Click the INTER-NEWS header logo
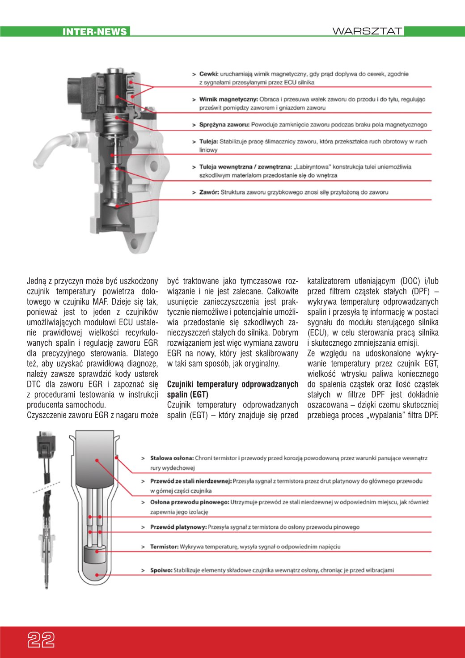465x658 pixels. tap(95, 32)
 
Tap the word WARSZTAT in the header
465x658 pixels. tap(367, 31)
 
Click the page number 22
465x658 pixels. tap(41, 640)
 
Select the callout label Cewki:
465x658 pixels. tap(209, 74)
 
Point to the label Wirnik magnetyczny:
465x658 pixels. tap(228, 99)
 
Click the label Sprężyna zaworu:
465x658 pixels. tap(224, 125)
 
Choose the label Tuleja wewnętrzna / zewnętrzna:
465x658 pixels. tap(245, 167)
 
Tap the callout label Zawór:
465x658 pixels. tap(209, 192)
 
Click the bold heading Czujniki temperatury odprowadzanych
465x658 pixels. tap(232, 384)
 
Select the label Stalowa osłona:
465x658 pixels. tap(172, 458)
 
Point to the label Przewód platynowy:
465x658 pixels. tap(178, 527)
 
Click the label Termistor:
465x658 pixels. tap(164, 547)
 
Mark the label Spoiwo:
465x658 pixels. tap(161, 570)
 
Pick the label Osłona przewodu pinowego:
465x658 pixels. tap(190, 502)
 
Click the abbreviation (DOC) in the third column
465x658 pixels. tap(410, 281)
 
